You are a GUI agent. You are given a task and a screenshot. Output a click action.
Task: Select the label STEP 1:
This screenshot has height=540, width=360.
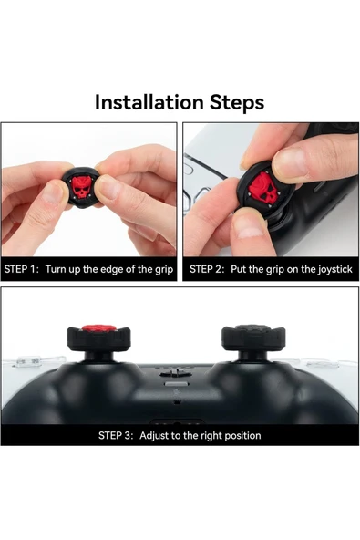22,270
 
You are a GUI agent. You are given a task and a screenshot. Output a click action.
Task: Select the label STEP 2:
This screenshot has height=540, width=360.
208,270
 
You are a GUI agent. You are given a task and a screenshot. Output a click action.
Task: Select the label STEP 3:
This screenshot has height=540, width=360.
116,435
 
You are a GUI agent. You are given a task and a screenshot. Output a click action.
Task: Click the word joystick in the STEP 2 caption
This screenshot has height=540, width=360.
332,270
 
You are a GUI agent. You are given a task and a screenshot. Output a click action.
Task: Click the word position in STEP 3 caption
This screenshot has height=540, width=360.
241,435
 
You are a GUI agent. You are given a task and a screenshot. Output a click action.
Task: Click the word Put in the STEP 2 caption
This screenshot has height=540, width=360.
241,270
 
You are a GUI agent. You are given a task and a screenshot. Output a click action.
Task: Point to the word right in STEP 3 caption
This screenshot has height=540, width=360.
206,435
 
